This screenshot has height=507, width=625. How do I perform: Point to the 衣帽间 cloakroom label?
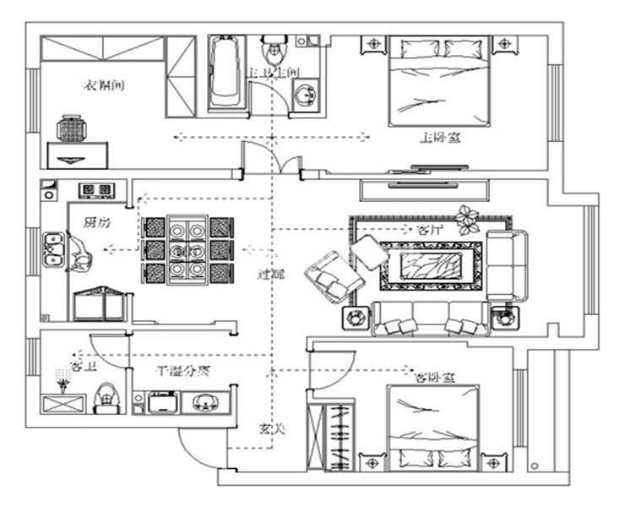pyautogui.click(x=105, y=84)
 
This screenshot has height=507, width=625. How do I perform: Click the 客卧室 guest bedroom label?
pyautogui.click(x=430, y=378)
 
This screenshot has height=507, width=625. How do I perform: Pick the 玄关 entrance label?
pyautogui.click(x=272, y=430)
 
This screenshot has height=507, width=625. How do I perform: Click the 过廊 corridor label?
pyautogui.click(x=269, y=274)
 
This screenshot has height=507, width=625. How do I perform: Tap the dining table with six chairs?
pyautogui.click(x=186, y=250)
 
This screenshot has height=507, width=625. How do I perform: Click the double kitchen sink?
pyautogui.click(x=55, y=249)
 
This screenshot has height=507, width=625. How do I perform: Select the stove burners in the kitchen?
pyautogui.click(x=95, y=189)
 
